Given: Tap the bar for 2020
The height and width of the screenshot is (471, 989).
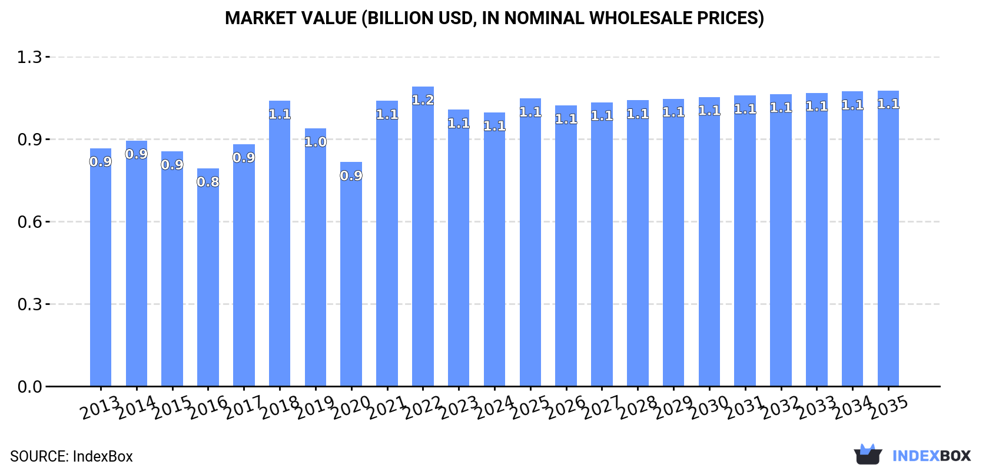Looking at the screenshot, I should pos(351,277).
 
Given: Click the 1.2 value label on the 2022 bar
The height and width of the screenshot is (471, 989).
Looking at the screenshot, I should pos(423,100).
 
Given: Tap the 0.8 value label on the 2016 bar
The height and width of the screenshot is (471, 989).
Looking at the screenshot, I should pos(208,182).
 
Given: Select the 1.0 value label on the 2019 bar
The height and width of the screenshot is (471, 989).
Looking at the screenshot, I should pos(316,142).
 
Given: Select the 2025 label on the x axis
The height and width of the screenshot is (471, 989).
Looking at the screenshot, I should pos(530,407).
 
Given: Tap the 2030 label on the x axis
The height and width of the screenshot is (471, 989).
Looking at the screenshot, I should pos(709,407).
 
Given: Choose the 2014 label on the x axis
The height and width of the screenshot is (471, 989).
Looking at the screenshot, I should pos(136,407).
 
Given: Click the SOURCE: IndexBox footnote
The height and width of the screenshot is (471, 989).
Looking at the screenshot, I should pos(71,456).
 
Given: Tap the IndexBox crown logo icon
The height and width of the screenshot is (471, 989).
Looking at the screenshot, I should pos(868,455).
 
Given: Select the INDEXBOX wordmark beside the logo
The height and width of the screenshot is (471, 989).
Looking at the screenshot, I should pos(931,456).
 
